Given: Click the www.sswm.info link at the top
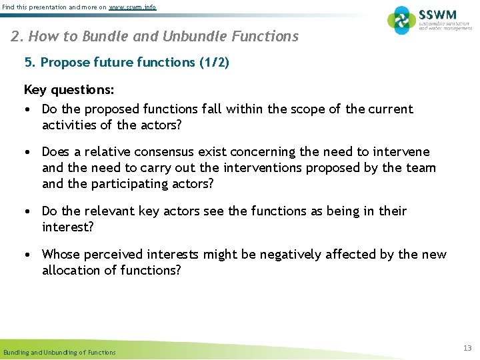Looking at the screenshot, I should pos(133,6).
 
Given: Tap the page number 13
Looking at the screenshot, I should pos(467,348).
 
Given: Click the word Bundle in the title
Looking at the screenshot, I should pos(101,36).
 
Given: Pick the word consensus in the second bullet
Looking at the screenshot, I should pos(195,152).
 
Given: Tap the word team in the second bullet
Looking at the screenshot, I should pos(421,168).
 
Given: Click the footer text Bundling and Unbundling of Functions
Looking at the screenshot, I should pos(59,352).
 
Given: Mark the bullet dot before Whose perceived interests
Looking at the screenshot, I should pos(29,255).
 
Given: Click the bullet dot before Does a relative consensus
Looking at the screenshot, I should pos(29,153).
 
